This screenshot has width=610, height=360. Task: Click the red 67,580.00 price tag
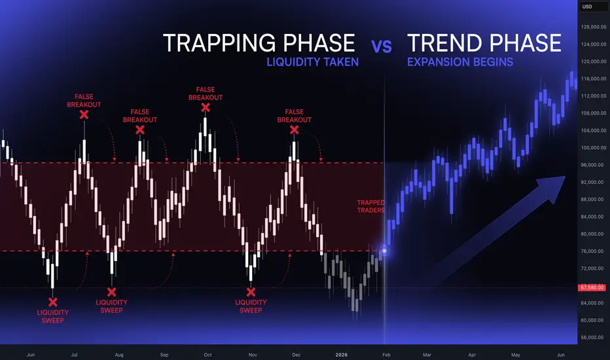point(592,287)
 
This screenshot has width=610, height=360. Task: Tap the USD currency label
point(587,7)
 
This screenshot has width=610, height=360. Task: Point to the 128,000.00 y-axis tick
point(594,27)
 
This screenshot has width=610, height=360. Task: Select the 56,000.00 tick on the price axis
point(594,338)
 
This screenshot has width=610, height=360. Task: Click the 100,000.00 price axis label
point(594,148)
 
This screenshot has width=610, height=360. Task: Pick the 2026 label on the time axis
point(341,355)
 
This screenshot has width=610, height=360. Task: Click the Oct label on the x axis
point(207,355)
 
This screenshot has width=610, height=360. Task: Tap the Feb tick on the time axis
point(386,355)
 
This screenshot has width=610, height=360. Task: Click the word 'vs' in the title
point(382,46)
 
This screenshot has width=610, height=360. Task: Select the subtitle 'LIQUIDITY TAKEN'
point(312,62)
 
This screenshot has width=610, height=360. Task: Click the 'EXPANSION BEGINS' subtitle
point(460,62)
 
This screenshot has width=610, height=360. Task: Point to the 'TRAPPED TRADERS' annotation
point(370,206)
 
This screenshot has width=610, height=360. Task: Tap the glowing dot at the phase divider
point(384,251)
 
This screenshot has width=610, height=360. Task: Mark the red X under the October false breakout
point(206,108)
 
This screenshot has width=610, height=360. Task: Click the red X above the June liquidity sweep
point(53,302)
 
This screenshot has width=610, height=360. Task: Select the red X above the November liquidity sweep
point(251,292)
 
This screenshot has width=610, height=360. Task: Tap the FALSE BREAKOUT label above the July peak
point(84,100)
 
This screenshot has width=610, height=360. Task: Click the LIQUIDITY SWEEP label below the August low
point(112,306)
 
